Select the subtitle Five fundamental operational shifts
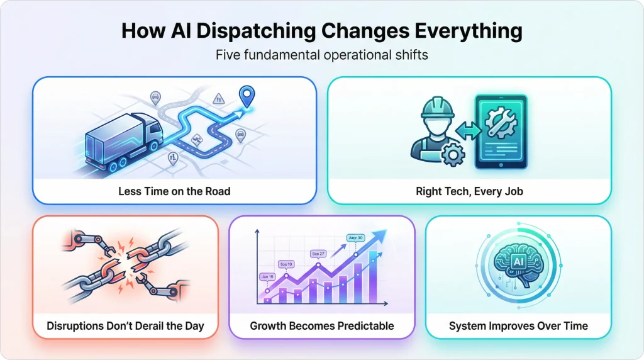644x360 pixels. click(x=321, y=55)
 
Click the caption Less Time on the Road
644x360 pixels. click(x=174, y=191)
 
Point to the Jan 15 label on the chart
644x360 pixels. click(x=267, y=276)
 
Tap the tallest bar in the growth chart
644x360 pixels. click(x=374, y=277)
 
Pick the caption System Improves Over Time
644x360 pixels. click(x=518, y=326)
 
